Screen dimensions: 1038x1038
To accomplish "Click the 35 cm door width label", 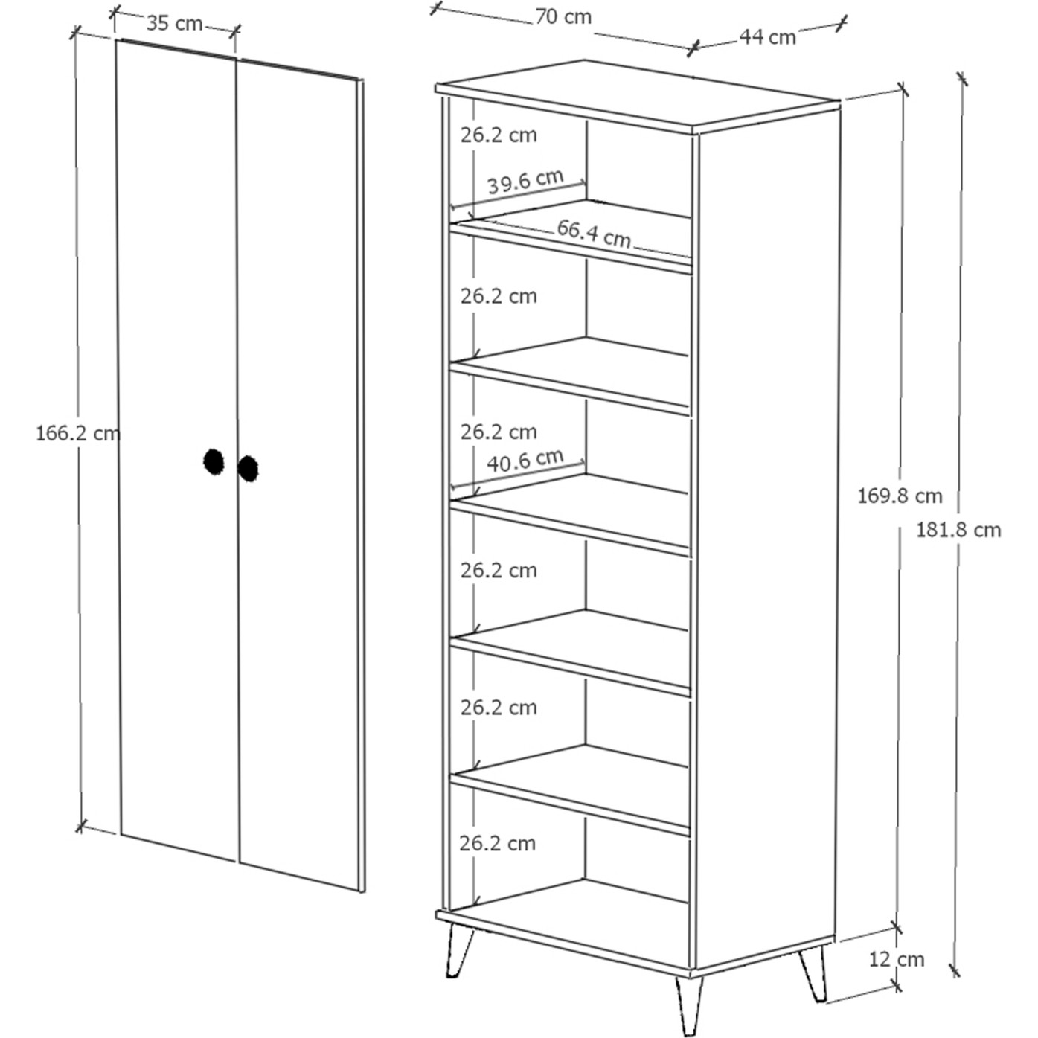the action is coord(175,23).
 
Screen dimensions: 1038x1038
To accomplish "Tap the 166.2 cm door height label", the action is coord(78,433).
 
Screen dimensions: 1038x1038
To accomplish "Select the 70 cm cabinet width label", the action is coord(563,17).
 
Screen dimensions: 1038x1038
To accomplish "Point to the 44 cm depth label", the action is coord(767,36).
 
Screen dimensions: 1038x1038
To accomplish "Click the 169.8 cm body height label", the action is coord(900,496).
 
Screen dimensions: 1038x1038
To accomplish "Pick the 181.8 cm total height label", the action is coord(958,530).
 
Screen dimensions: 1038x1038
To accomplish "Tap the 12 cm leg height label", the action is coord(897,959).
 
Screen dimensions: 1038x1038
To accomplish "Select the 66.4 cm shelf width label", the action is coord(594,234).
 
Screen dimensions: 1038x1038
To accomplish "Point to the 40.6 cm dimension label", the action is coord(525,461).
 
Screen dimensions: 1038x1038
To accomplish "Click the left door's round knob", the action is coord(214,461).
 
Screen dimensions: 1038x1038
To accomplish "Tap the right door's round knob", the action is coord(248,469).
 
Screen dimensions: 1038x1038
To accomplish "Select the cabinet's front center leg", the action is coord(689,1004).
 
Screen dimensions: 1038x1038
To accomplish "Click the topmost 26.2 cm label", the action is coord(499,135).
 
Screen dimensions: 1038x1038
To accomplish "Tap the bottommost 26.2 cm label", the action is coord(498,843).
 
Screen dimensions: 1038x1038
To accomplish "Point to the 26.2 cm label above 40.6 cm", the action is coord(499,432).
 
